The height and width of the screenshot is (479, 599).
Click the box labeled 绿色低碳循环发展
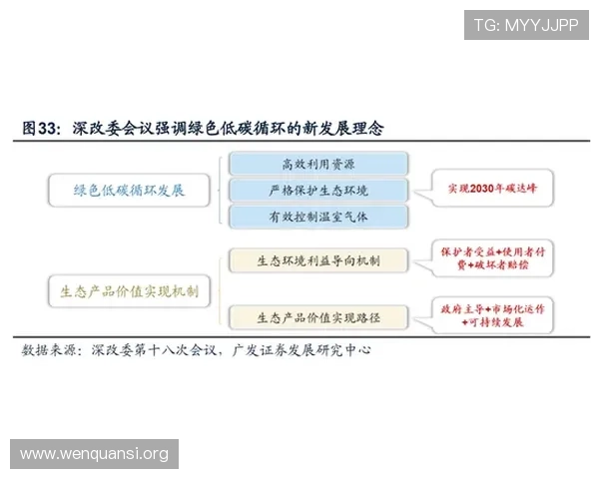[131, 190]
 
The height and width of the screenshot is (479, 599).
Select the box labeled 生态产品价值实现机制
[131, 290]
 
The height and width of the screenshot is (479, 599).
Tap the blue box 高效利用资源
[317, 164]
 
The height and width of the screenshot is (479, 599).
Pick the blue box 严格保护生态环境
[317, 190]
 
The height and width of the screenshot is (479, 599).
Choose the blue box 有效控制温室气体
[317, 216]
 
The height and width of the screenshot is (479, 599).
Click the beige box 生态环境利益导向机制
[317, 261]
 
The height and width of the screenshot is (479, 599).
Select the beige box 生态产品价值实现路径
[317, 317]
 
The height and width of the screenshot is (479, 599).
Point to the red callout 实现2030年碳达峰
[487, 188]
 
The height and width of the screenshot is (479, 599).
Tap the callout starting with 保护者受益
[491, 258]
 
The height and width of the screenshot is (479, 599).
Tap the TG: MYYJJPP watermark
[526, 25]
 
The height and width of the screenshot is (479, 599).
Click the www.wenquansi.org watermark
[95, 455]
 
